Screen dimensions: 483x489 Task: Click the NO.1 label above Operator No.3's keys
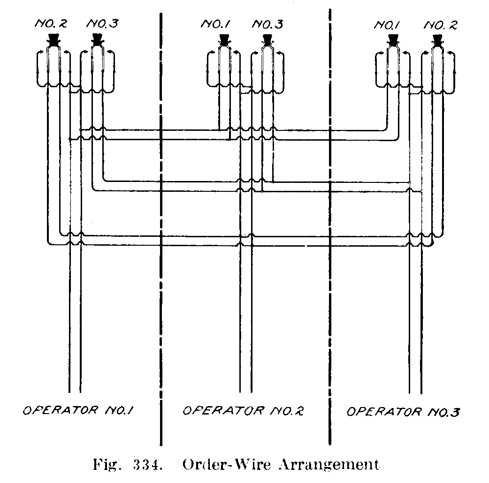click(x=386, y=24)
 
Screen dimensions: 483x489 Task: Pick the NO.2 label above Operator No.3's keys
click(x=440, y=24)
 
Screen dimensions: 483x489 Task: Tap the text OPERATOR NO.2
click(x=243, y=411)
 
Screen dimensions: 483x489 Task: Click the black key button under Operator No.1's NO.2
click(x=53, y=39)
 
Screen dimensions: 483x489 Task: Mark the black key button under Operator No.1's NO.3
click(x=97, y=39)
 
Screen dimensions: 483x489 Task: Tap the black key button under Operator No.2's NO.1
click(x=224, y=39)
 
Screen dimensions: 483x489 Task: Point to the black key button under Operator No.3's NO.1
click(x=392, y=39)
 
